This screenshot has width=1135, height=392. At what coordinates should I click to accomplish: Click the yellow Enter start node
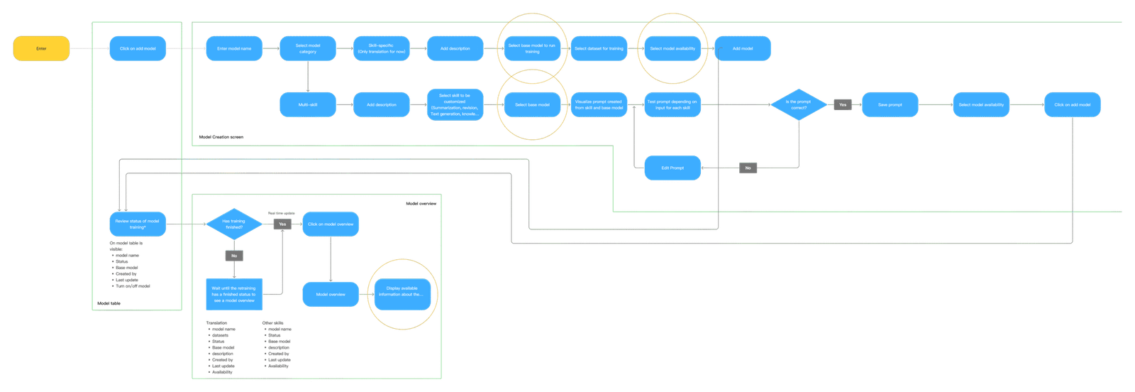pyautogui.click(x=41, y=49)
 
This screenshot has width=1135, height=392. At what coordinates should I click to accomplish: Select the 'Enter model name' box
pyautogui.click(x=234, y=49)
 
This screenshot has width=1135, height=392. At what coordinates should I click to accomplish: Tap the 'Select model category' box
pyautogui.click(x=308, y=49)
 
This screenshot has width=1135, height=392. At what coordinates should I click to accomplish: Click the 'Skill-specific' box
pyautogui.click(x=382, y=49)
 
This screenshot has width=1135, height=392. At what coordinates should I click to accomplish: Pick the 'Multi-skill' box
pyautogui.click(x=308, y=105)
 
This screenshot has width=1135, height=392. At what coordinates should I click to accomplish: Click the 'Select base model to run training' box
pyautogui.click(x=532, y=49)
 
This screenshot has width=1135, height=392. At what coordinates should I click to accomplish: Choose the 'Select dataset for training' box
pyautogui.click(x=599, y=49)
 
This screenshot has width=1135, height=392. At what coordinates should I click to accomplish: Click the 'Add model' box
pyautogui.click(x=743, y=49)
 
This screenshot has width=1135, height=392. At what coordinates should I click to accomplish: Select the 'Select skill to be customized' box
pyautogui.click(x=455, y=105)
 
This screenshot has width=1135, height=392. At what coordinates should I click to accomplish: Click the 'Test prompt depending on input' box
pyautogui.click(x=672, y=105)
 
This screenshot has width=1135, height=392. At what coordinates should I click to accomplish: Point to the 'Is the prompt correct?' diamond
pyautogui.click(x=799, y=105)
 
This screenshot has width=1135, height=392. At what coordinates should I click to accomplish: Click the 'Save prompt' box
pyautogui.click(x=890, y=105)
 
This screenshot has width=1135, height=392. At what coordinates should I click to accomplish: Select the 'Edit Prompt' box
pyautogui.click(x=672, y=168)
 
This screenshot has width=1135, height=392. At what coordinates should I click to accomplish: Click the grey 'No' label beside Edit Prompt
pyautogui.click(x=748, y=168)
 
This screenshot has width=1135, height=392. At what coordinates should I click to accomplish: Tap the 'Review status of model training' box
pyautogui.click(x=137, y=224)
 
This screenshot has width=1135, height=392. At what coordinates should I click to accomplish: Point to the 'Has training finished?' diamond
pyautogui.click(x=233, y=224)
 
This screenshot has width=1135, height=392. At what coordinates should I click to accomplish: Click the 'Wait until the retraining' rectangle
pyautogui.click(x=233, y=294)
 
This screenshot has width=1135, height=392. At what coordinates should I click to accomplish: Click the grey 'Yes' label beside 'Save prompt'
pyautogui.click(x=843, y=105)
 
